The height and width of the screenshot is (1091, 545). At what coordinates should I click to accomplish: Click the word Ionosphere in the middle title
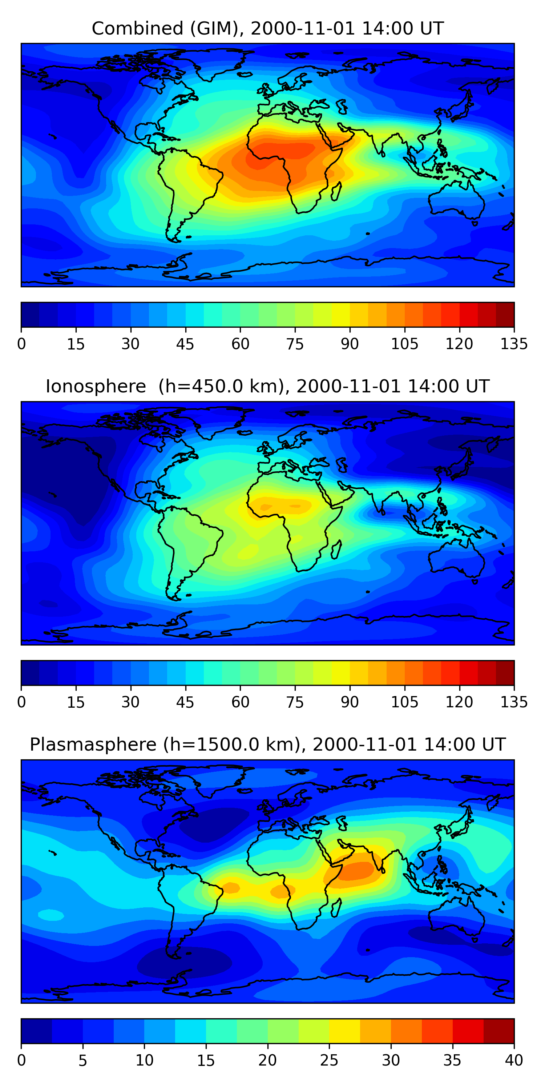96,387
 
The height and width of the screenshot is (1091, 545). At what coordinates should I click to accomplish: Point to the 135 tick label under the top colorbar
514,344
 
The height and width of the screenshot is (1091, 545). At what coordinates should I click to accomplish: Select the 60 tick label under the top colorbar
240,344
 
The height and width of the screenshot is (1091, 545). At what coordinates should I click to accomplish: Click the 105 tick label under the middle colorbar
404,702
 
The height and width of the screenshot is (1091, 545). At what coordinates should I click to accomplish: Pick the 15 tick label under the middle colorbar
76,702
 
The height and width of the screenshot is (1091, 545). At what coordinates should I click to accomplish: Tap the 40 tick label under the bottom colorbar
514,1060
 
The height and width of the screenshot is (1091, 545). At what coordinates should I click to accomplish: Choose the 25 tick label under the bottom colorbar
329,1060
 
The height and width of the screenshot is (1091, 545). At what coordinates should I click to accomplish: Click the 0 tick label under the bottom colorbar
21,1060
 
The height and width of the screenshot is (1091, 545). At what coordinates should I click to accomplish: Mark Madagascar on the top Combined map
336,191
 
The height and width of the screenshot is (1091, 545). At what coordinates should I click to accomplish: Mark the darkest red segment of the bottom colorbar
498,1031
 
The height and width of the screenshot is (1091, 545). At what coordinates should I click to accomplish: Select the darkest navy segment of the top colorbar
30,314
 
